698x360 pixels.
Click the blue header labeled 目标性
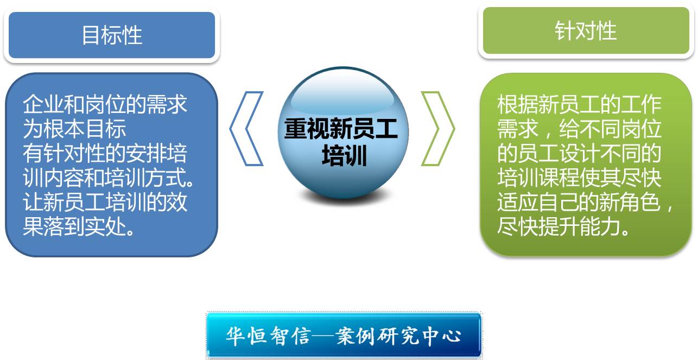click(112, 35)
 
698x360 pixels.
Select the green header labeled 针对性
click(586, 30)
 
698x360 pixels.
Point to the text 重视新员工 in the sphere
click(341, 129)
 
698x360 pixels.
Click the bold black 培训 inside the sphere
click(344, 155)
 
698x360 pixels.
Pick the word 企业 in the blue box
click(43, 104)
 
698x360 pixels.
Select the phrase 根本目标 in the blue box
click(85, 128)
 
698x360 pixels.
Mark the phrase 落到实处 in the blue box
click(85, 226)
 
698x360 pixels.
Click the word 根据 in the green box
click(518, 104)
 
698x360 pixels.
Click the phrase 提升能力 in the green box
click(579, 226)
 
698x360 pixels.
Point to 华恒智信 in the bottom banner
click(269, 336)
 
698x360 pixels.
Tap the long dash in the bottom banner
click(323, 336)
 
